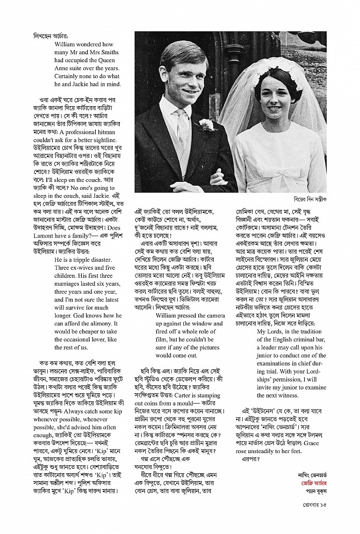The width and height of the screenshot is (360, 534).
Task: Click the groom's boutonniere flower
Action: [205, 124]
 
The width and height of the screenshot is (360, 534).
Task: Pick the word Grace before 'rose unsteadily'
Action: [317, 443]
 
